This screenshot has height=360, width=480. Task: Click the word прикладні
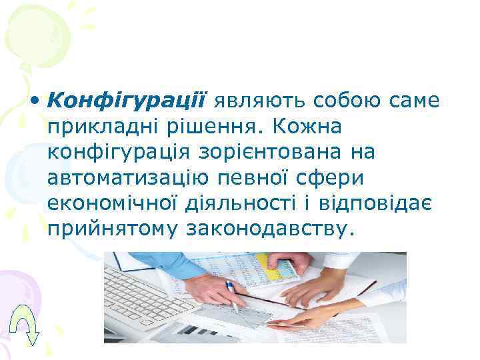[93, 127]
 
